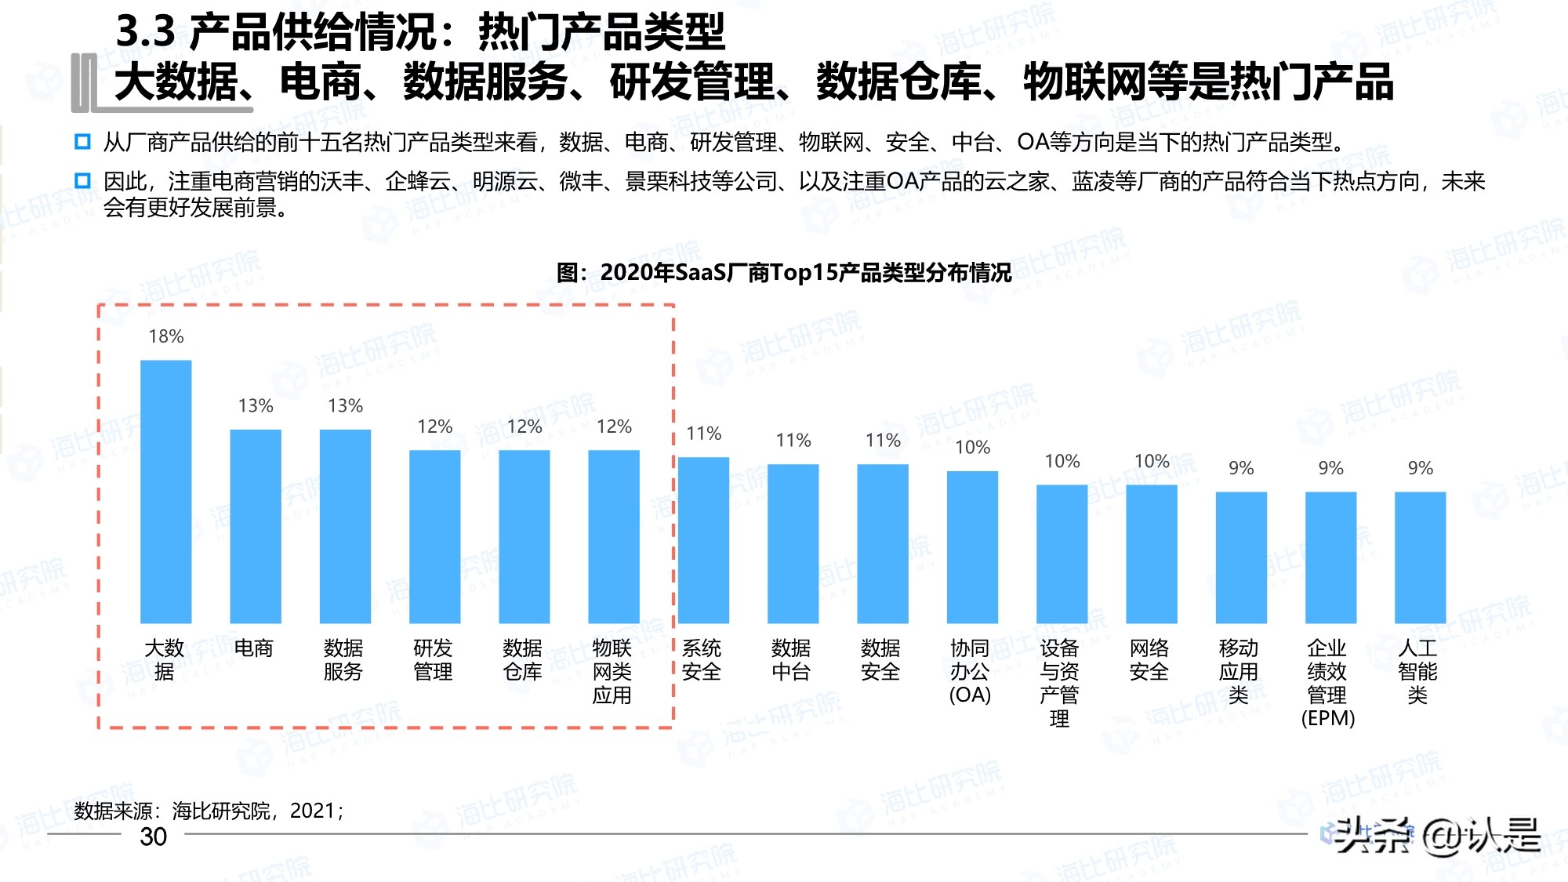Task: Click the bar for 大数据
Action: point(165,492)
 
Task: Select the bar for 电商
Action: point(256,526)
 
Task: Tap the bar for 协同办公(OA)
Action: point(972,547)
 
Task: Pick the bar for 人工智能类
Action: point(1420,557)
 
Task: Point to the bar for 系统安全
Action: point(703,540)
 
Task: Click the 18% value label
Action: point(166,336)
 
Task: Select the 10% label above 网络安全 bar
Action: point(1152,461)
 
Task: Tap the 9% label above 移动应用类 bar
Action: point(1241,468)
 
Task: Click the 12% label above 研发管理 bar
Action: point(435,426)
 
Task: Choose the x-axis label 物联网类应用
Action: point(612,672)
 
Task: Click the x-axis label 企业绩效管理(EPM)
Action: point(1328,683)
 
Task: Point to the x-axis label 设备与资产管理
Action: point(1059,683)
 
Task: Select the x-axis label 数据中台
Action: point(791,660)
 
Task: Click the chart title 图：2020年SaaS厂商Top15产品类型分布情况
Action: point(784,273)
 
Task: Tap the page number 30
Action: point(154,837)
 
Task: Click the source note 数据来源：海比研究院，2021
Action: point(209,811)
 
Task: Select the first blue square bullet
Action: point(82,142)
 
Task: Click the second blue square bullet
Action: point(82,181)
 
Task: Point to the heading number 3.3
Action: point(146,32)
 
